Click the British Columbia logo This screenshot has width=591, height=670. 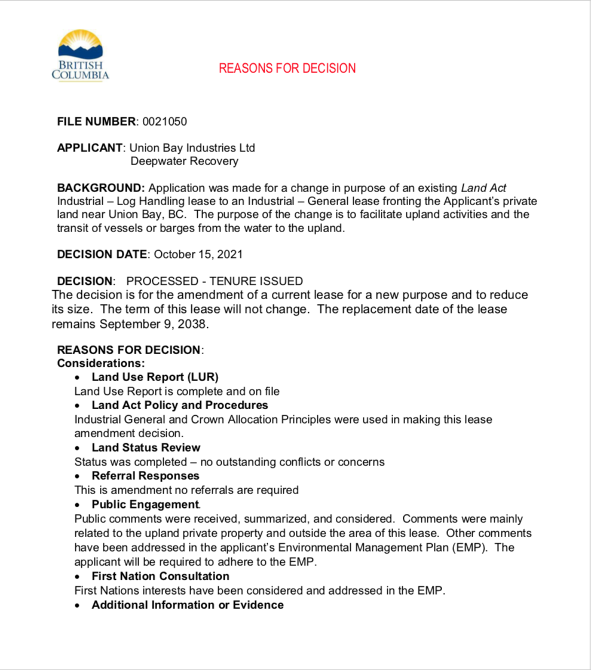80,56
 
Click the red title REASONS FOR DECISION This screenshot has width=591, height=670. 287,68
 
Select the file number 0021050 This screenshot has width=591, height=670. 164,121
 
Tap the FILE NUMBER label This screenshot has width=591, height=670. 96,121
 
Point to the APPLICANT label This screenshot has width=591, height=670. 90,148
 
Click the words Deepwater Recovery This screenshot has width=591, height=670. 184,161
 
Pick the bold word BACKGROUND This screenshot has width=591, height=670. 100,187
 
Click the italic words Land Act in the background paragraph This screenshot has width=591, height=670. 483,187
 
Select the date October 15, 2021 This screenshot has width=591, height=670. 198,254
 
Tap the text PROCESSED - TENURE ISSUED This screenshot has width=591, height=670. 215,281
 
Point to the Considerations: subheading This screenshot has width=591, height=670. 101,363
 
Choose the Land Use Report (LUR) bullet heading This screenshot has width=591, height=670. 155,377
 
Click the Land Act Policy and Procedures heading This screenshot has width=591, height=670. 180,406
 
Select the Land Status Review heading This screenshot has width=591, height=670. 146,447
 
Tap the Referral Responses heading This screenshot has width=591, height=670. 145,476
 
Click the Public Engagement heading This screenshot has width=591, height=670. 145,504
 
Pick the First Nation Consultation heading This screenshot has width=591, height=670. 160,576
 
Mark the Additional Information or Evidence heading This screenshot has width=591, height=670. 187,605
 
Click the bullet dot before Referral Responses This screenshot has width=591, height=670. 78,477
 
